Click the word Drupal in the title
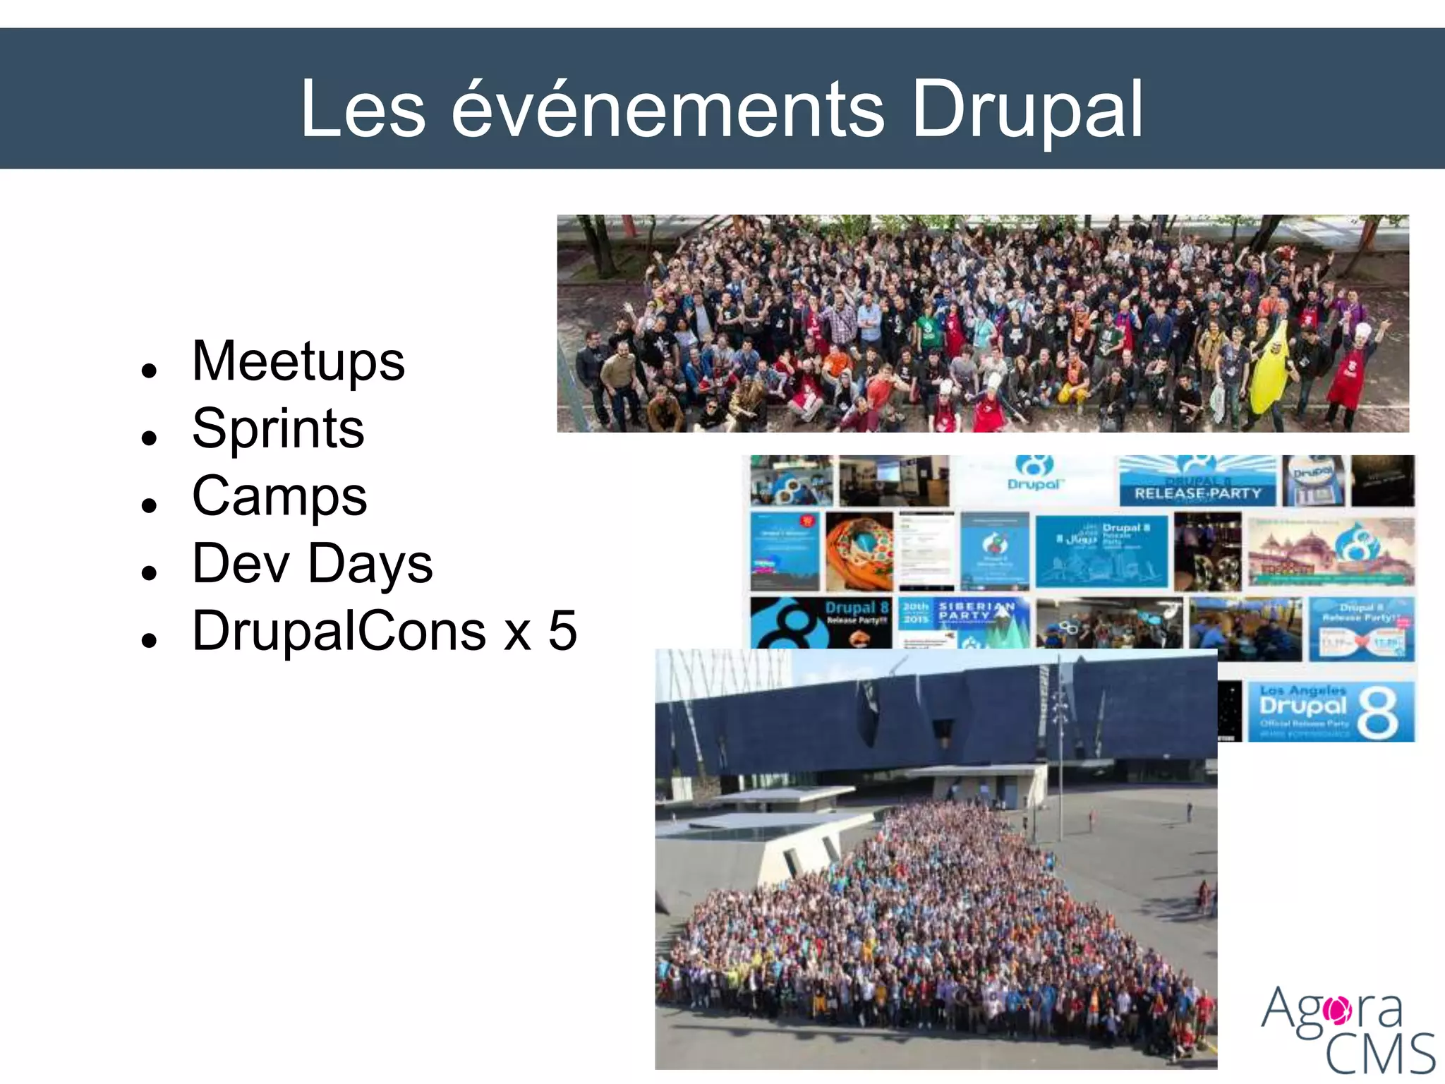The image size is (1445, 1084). tap(1027, 109)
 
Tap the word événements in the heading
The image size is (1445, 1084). tap(667, 109)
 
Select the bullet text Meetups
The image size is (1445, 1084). tap(298, 361)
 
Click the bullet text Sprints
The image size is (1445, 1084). tap(278, 428)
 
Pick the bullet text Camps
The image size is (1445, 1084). tap(279, 495)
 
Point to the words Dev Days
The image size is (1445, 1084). tap(312, 563)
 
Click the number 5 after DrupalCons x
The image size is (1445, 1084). tap(563, 630)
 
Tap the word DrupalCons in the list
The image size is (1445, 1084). tap(339, 630)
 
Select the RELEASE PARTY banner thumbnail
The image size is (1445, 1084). tap(1197, 482)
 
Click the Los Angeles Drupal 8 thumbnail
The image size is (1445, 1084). tap(1330, 711)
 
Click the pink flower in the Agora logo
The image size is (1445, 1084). tap(1336, 1010)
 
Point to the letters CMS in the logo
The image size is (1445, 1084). tap(1379, 1054)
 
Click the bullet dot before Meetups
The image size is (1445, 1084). tap(148, 370)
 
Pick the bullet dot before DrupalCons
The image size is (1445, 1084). tap(148, 639)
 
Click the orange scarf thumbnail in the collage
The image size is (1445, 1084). tap(859, 551)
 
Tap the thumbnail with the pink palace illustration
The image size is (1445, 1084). tap(1331, 551)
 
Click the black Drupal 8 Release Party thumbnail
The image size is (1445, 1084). tap(821, 622)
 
